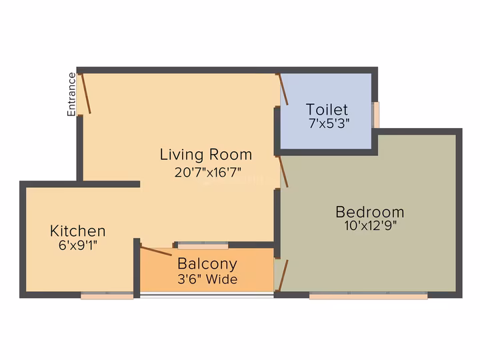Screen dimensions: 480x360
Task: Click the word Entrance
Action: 71,94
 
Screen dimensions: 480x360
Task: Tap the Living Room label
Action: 206,154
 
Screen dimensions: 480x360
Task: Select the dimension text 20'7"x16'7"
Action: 208,172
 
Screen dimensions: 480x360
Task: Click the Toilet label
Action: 327,109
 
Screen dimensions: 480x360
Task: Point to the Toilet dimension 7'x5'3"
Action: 329,123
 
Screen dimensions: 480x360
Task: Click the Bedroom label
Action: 370,212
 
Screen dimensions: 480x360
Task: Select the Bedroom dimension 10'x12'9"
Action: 371,225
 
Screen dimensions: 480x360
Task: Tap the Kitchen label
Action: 78,231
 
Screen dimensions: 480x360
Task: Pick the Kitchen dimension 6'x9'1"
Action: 78,245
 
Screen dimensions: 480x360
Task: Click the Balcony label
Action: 207,264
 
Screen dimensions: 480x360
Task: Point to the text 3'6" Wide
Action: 207,279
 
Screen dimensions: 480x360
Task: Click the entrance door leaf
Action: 86,93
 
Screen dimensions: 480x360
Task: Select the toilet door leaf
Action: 283,89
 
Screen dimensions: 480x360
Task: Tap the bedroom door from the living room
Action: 283,172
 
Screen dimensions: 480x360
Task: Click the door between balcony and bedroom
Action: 283,275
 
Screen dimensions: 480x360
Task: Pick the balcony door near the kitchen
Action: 156,251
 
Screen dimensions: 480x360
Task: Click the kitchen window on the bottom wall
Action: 107,295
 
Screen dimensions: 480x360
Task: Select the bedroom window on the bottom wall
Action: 368,295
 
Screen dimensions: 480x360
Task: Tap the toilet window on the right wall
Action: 375,115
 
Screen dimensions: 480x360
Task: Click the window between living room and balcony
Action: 203,245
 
